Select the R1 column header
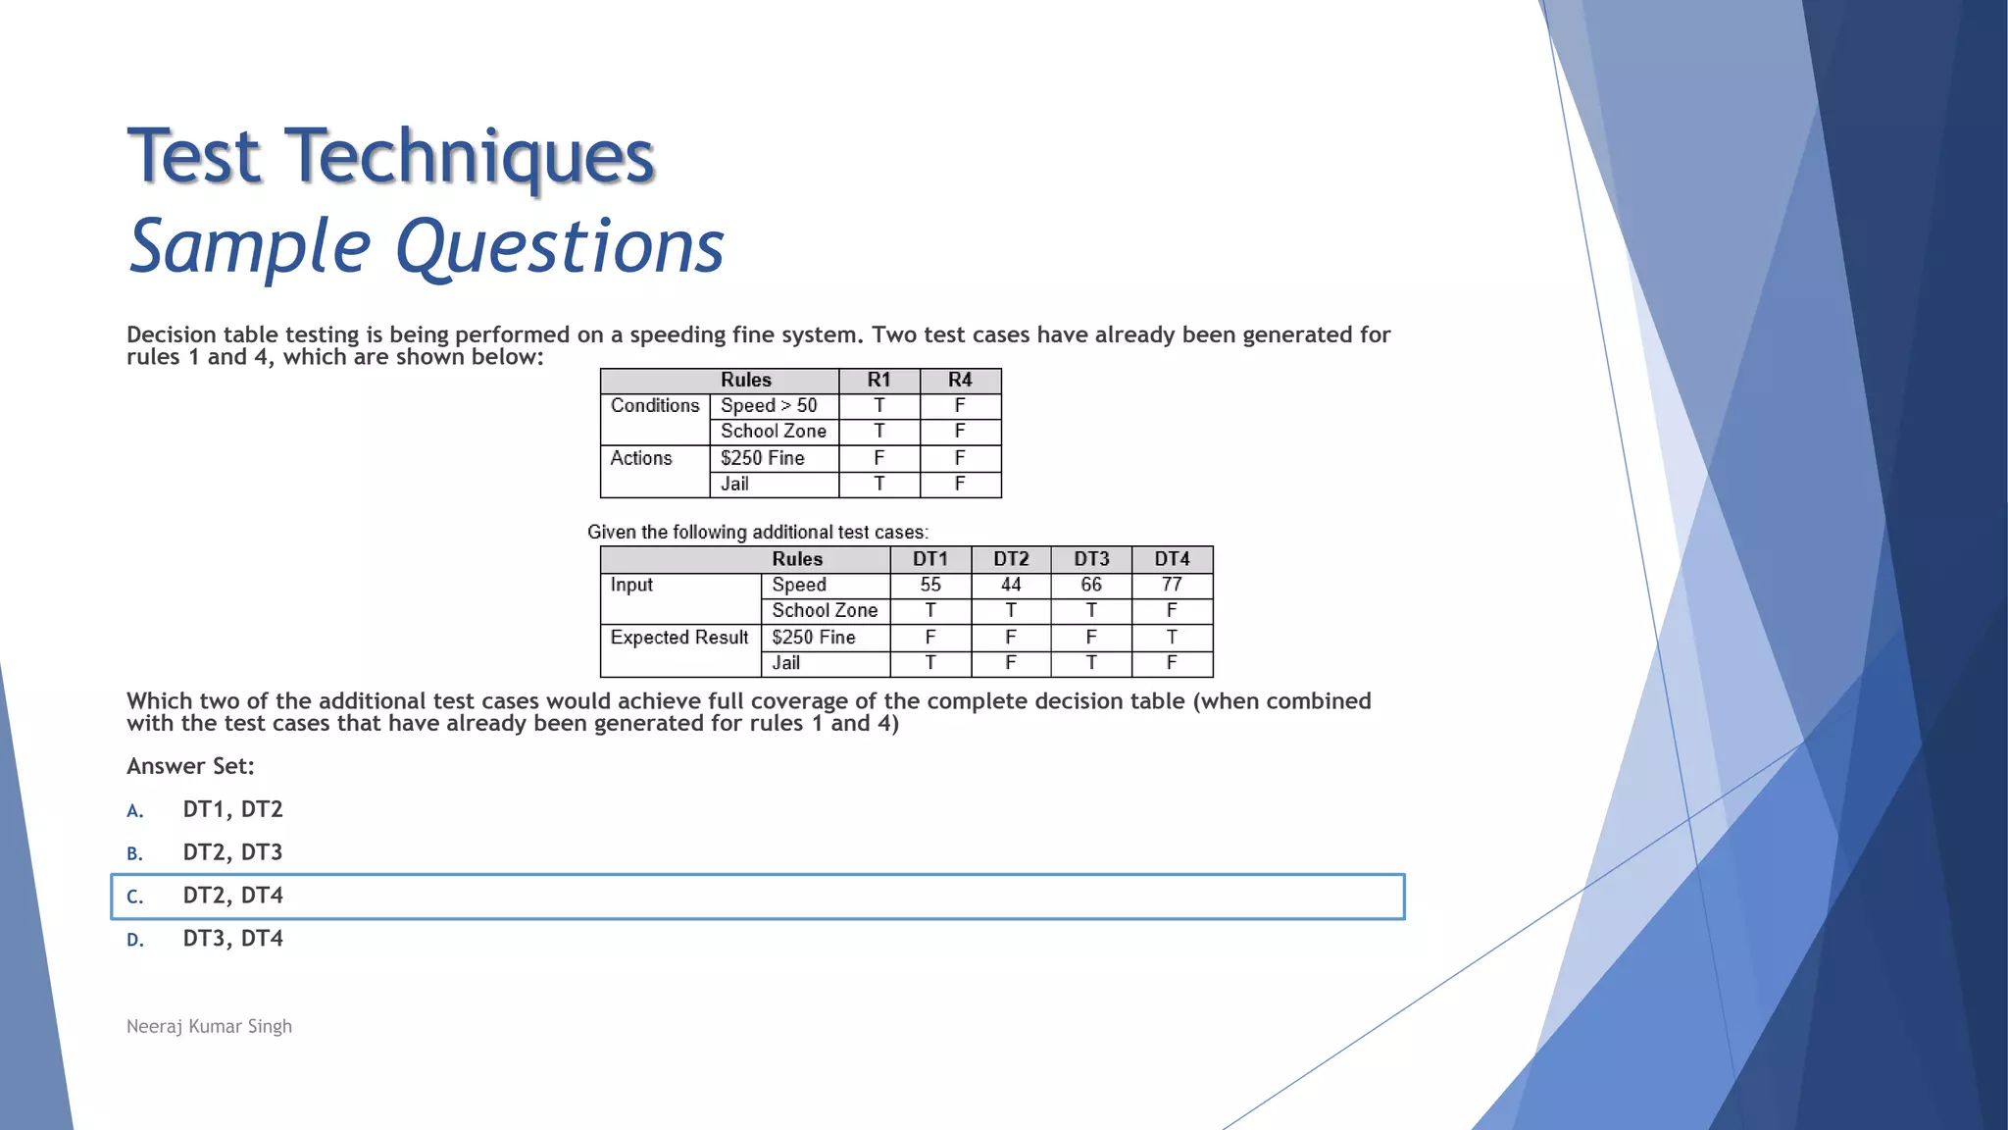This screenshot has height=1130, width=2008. point(878,381)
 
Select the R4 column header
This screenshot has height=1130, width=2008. point(960,381)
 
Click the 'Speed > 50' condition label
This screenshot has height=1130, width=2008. point(769,406)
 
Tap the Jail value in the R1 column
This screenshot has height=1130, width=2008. point(878,485)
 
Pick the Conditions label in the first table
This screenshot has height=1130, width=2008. point(654,406)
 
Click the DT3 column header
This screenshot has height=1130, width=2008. point(1090,559)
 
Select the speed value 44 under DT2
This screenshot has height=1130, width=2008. point(1010,586)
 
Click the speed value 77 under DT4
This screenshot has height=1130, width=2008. point(1171,586)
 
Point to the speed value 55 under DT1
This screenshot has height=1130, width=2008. point(929,586)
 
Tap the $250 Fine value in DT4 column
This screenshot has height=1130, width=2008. point(1171,638)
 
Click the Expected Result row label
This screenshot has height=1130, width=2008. point(678,638)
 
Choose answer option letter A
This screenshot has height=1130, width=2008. point(135,811)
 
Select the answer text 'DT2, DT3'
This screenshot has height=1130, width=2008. point(232,852)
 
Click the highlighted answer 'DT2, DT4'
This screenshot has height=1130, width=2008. point(232,896)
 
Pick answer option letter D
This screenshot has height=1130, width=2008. point(135,940)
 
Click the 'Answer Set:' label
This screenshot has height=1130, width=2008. point(190,766)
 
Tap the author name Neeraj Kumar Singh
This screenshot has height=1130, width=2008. point(209,1026)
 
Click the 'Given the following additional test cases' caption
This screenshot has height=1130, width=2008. point(757,533)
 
